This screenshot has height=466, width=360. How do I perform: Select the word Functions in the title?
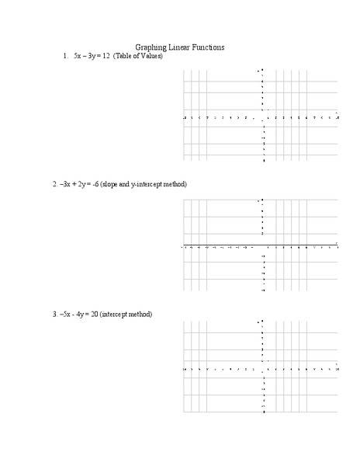209,47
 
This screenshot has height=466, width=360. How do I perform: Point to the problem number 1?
65,57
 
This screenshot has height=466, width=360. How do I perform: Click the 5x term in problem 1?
78,57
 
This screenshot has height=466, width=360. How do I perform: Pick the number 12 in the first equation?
106,57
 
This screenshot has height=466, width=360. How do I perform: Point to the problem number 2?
55,185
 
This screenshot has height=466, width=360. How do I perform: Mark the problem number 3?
55,315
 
